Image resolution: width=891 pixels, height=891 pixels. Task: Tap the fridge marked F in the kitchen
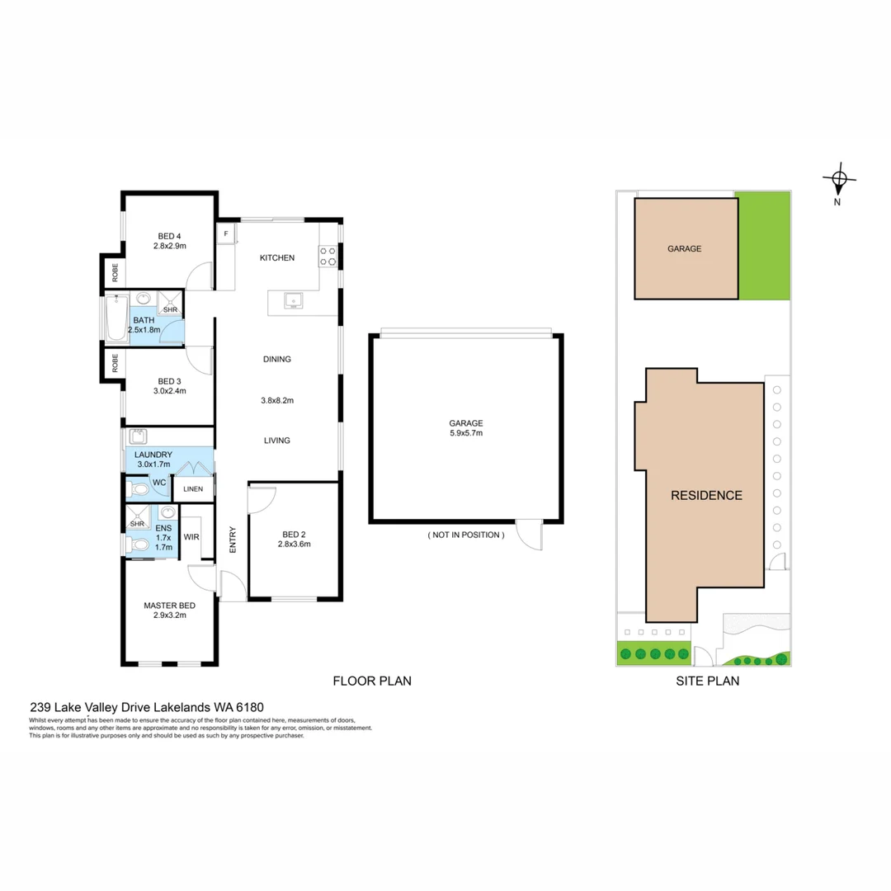tap(225, 234)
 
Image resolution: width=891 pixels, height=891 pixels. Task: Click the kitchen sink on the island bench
tap(291, 299)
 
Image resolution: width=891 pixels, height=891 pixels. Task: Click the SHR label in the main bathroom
tap(169, 309)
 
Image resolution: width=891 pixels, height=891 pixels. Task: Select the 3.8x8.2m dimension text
tap(276, 400)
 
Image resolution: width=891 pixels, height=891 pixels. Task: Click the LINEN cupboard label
tap(193, 489)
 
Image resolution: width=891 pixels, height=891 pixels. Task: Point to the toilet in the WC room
tap(138, 490)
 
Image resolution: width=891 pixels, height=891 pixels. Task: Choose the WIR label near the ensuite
tap(191, 536)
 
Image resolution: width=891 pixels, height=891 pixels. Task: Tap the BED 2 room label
tap(295, 534)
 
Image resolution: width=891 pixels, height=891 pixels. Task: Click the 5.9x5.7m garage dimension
tap(466, 434)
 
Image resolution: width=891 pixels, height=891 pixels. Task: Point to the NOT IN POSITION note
tap(466, 535)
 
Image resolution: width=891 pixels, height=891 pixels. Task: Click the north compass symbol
tap(838, 178)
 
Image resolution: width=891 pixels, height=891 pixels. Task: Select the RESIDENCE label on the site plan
tap(706, 496)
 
